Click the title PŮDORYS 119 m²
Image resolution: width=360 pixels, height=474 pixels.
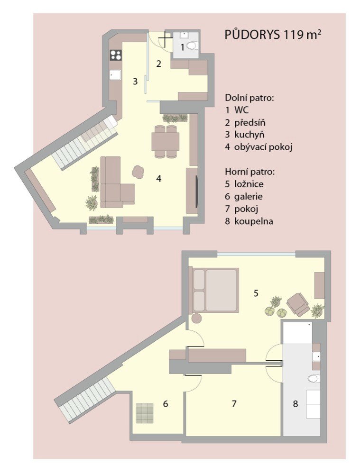tap(272, 35)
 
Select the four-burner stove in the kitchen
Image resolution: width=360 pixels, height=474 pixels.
tap(116, 55)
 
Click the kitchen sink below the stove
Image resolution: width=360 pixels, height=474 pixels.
tap(115, 75)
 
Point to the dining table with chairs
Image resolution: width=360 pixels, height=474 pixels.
tap(165, 141)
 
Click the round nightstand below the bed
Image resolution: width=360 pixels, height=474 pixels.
tap(197, 319)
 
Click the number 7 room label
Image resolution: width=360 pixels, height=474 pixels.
tap(233, 403)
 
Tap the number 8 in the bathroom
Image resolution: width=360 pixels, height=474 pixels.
tap(295, 403)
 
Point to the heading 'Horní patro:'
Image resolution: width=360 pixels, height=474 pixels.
tap(250, 172)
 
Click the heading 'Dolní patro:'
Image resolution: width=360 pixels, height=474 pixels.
tap(249, 98)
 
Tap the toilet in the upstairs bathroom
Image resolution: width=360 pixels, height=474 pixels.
tap(314, 378)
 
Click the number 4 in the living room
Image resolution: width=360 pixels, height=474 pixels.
tap(158, 179)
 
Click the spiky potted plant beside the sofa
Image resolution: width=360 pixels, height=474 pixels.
tap(91, 202)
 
